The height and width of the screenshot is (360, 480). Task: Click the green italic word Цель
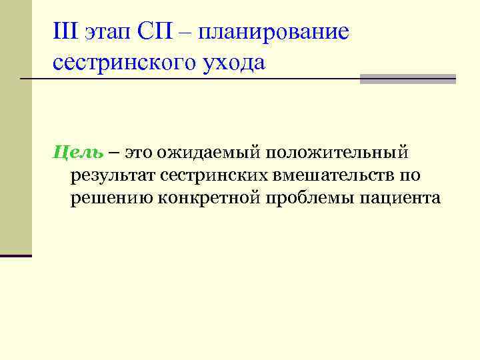coord(78,154)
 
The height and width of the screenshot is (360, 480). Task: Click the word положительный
coord(338,154)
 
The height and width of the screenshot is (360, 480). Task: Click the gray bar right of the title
coord(407,79)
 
